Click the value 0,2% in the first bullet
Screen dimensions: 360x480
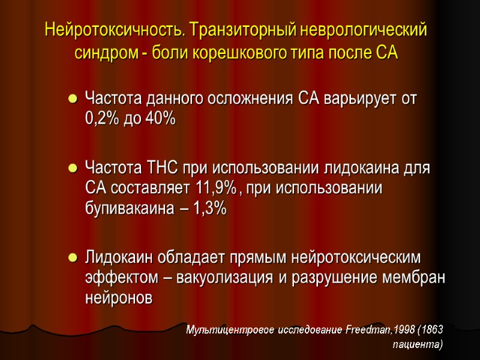click(103, 119)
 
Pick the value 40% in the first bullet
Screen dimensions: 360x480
click(160, 119)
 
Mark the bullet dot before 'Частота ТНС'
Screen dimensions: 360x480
click(73, 167)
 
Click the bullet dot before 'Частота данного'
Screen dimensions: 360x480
click(73, 98)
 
